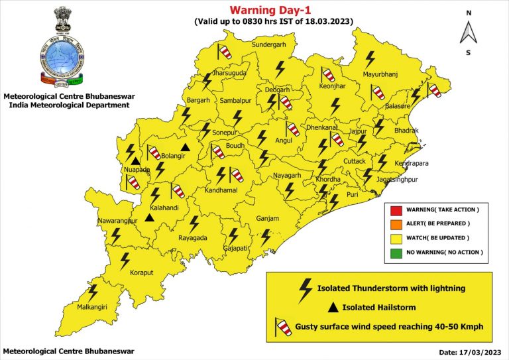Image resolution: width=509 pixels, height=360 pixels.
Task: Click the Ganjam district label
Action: click(x=268, y=219)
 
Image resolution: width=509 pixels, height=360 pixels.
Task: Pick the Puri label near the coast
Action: click(x=351, y=195)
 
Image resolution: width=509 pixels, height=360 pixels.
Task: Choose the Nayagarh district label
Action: click(x=288, y=176)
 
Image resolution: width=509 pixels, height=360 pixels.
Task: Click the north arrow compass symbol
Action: click(x=469, y=31)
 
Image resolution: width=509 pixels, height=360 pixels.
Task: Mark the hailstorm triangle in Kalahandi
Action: click(x=150, y=217)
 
